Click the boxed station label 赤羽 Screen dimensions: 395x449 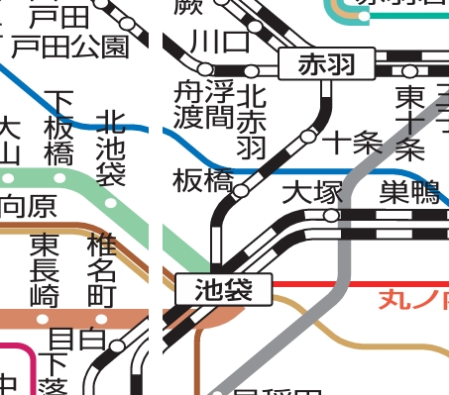point(326,65)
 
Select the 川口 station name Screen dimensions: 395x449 point(221,43)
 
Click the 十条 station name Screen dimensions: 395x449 point(352,142)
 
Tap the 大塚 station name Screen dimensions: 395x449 point(312,193)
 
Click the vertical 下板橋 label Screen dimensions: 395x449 point(61,127)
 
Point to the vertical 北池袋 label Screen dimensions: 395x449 point(111,148)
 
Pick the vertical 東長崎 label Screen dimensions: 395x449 point(45,269)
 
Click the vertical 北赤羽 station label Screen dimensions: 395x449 point(253,121)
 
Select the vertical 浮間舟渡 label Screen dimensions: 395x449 point(204,109)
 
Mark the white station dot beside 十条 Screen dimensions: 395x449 point(309,136)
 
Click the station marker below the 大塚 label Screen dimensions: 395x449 point(333,215)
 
